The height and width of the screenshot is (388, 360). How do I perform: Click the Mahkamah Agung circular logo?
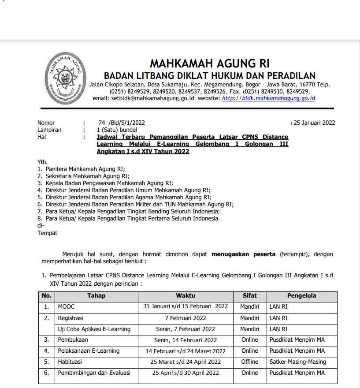[65, 78]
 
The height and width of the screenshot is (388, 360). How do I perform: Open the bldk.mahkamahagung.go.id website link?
[268, 98]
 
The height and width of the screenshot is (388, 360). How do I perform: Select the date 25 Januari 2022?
[314, 123]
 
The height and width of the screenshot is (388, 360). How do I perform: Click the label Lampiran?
[49, 130]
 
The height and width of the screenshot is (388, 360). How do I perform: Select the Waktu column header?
[186, 296]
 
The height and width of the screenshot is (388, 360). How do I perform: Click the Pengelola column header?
[302, 296]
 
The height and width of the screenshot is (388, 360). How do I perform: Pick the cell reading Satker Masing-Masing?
[298, 362]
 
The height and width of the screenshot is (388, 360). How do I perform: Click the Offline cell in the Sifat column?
[250, 362]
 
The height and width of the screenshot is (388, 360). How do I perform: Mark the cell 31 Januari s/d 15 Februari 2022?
[186, 306]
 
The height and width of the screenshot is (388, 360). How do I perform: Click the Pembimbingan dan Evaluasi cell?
[94, 373]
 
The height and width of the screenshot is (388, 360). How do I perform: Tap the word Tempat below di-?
[47, 233]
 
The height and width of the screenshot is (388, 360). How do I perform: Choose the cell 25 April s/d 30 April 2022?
[186, 373]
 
